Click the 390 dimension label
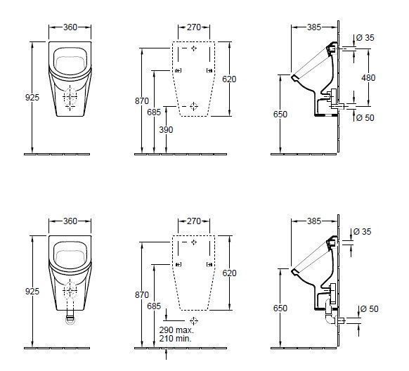click(x=165, y=130)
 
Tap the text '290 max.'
click(x=175, y=330)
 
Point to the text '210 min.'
click(x=175, y=339)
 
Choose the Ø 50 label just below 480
click(x=365, y=117)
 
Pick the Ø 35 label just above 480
click(x=365, y=37)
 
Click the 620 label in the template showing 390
click(x=229, y=79)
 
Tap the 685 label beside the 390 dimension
click(x=154, y=112)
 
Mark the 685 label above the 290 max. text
click(x=154, y=306)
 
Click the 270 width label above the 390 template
click(x=195, y=27)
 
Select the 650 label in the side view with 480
click(x=280, y=114)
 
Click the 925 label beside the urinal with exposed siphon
click(x=32, y=289)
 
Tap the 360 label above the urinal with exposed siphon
click(x=70, y=221)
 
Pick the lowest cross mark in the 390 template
click(x=194, y=106)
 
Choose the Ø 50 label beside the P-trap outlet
click(x=369, y=309)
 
